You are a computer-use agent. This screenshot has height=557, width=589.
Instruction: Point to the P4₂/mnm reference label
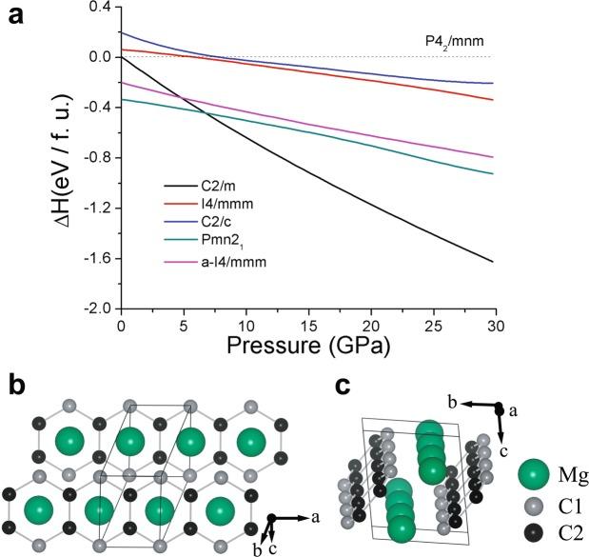[x=452, y=43]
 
